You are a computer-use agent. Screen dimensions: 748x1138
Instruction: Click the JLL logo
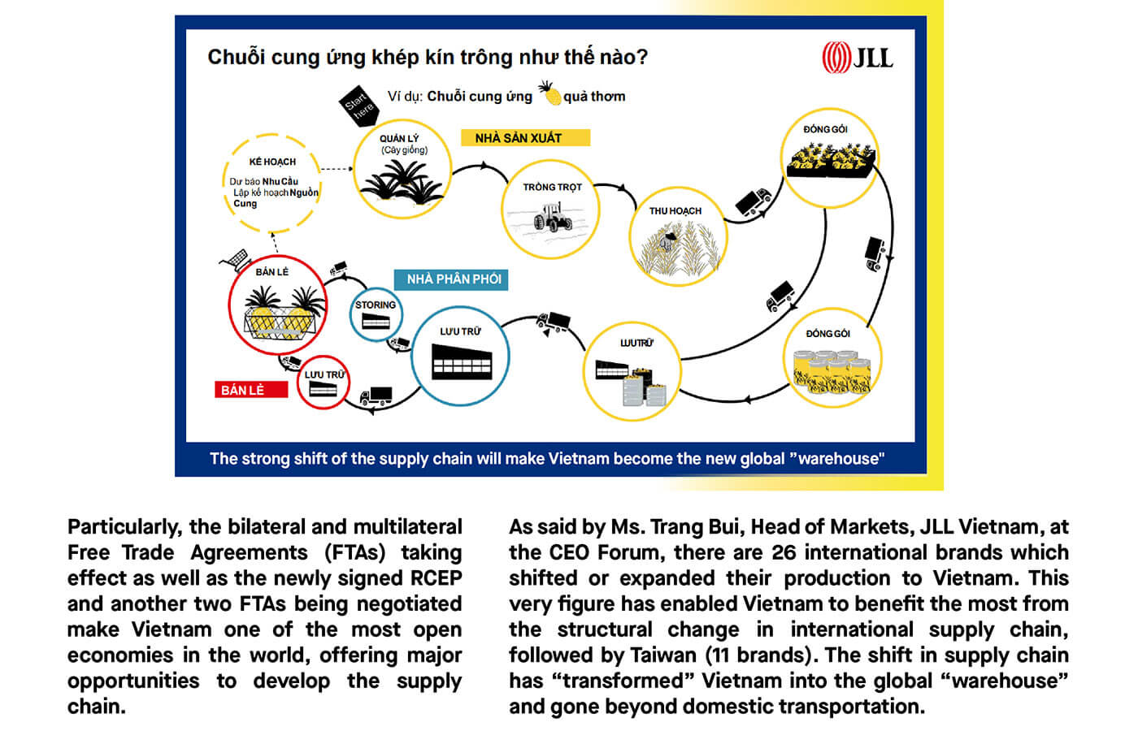(857, 57)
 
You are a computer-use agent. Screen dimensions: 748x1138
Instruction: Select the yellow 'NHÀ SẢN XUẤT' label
(524, 138)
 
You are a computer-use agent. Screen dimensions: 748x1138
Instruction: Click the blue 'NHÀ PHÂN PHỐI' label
(452, 279)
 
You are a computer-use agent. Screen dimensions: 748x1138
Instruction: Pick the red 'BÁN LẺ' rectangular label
(250, 390)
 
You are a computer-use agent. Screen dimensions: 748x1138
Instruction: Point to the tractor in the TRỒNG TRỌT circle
(553, 217)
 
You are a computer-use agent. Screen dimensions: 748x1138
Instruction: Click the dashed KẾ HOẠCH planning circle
(271, 184)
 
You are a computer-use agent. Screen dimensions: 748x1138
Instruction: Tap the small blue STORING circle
(376, 314)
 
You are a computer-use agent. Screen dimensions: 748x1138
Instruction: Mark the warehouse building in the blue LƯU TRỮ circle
(462, 361)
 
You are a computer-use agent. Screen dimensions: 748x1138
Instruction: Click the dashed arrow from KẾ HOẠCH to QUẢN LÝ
(336, 169)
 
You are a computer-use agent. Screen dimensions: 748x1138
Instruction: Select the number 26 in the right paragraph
(784, 552)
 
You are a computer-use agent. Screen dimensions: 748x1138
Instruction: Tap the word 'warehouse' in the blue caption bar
(839, 459)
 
